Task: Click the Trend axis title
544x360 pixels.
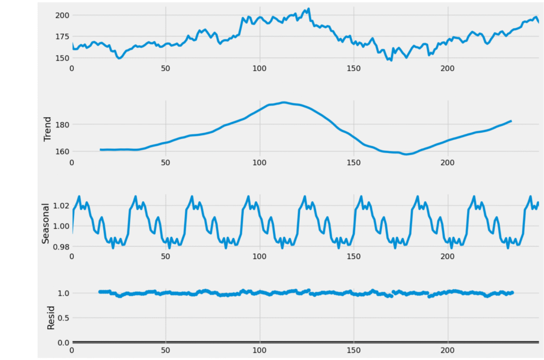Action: point(48,129)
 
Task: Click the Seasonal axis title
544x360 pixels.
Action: point(46,223)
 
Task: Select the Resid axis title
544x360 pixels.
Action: point(51,318)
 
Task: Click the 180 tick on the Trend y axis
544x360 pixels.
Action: point(63,124)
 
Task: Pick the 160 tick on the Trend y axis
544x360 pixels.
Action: point(63,151)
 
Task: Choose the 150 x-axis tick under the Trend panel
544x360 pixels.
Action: point(353,162)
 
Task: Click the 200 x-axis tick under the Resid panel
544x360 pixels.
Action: point(447,350)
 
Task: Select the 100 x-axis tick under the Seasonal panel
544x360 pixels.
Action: point(259,256)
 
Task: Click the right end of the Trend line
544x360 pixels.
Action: point(511,121)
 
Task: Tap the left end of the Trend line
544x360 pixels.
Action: point(100,150)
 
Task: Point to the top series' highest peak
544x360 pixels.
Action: point(309,8)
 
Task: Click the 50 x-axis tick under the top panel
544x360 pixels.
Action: point(165,68)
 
